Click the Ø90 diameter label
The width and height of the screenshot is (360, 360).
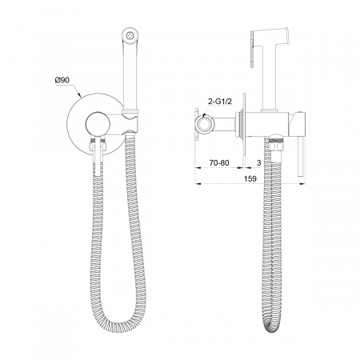pos(62,80)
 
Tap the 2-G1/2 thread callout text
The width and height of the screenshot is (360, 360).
pos(219,102)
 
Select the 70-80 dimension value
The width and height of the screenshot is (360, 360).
pos(219,162)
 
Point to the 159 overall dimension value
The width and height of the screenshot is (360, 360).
pos(250,178)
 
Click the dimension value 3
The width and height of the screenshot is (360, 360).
pos(258,162)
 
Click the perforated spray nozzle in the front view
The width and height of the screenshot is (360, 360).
pos(130,34)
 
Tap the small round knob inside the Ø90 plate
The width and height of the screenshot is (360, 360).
pos(98,124)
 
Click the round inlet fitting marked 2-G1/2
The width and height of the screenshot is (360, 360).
pos(205,123)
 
